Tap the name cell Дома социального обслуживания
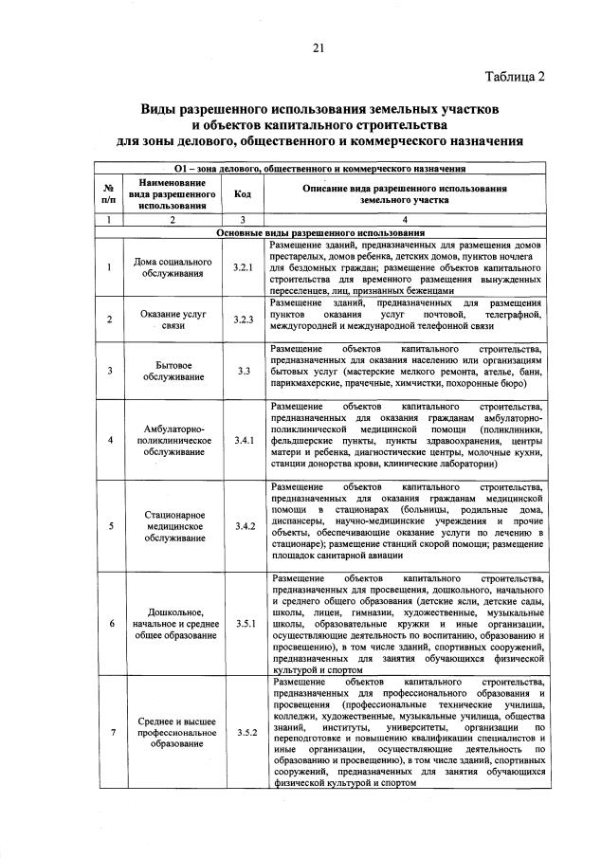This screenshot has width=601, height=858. [172, 268]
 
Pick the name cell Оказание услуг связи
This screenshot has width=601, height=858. [172, 319]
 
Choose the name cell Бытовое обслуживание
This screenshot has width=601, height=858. [172, 372]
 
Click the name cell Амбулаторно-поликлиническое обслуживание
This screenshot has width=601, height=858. [172, 439]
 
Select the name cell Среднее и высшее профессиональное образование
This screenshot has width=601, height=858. [172, 732]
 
